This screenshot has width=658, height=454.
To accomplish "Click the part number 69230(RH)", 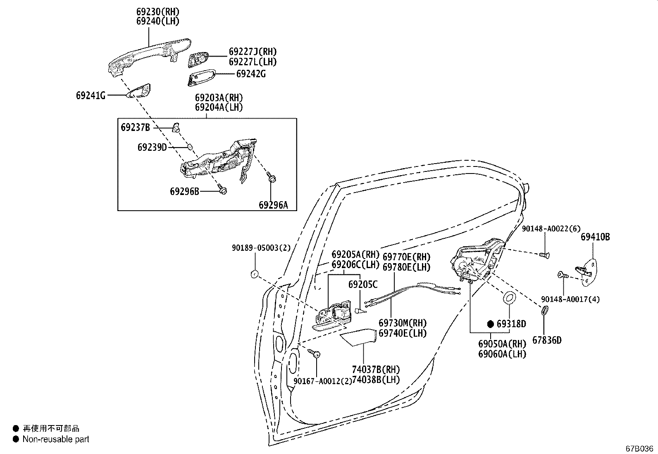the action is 158,12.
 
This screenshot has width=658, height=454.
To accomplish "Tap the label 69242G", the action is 251,74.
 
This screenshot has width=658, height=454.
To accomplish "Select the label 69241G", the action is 91,95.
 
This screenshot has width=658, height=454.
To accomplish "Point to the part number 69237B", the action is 136,128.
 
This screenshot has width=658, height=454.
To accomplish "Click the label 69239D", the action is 152,147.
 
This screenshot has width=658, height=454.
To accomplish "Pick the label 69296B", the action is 184,191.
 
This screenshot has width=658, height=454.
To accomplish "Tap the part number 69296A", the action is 273,205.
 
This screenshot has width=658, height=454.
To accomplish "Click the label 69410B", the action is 595,237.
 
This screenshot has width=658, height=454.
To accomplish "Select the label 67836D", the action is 547,340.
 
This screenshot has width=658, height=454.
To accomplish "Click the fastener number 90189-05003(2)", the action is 261,248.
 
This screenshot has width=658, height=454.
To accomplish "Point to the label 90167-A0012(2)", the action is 322,381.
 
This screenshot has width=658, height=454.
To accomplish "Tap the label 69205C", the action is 363,284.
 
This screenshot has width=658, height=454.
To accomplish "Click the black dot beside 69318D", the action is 490,324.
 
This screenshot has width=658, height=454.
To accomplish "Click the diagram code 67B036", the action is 639,448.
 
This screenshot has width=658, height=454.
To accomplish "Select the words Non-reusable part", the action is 56,439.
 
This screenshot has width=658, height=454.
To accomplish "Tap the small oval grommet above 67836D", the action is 544,310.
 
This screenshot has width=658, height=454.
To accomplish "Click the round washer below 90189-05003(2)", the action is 255,274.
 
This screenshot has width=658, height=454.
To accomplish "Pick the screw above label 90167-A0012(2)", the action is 314,353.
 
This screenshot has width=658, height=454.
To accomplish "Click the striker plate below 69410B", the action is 588,272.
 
